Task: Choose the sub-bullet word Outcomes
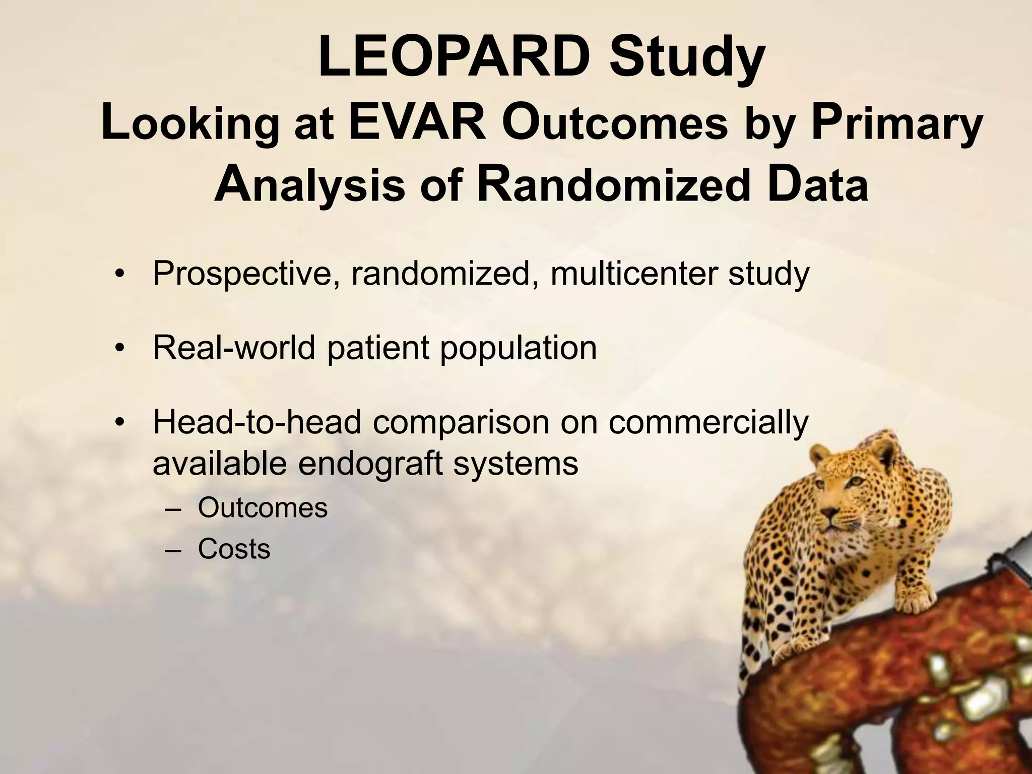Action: pyautogui.click(x=263, y=508)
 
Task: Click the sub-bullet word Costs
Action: pyautogui.click(x=234, y=549)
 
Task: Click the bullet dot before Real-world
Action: pyautogui.click(x=119, y=349)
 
